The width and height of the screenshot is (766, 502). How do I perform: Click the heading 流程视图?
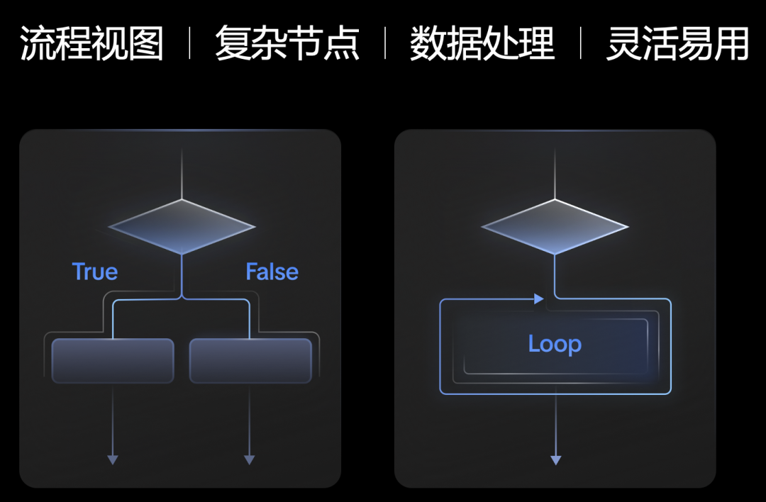click(91, 44)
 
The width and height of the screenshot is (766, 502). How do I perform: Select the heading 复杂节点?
click(287, 44)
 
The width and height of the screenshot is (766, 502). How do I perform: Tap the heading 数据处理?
click(482, 44)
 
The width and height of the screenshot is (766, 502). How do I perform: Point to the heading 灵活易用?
click(678, 44)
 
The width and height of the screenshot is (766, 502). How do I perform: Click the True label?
click(95, 272)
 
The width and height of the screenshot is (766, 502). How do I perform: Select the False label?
click(272, 272)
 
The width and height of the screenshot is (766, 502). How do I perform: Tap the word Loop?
click(555, 344)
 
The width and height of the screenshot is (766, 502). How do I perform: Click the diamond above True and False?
click(182, 227)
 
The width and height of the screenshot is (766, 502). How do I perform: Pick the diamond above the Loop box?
click(555, 227)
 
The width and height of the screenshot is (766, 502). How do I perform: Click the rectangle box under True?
click(113, 361)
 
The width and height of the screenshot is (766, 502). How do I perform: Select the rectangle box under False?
click(250, 361)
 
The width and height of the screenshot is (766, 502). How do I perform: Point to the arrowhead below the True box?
click(113, 459)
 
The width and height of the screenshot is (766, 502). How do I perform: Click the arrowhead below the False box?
click(249, 459)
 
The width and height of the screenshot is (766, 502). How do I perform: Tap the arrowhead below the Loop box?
click(555, 459)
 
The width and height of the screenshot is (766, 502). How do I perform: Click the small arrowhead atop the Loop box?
click(539, 300)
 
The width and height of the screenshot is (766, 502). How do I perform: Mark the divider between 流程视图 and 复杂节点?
click(189, 44)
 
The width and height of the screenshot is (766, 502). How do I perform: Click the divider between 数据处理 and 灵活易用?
click(581, 44)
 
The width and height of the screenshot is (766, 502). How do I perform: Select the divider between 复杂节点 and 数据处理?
click(385, 44)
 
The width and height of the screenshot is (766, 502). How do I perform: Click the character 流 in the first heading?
click(38, 44)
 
